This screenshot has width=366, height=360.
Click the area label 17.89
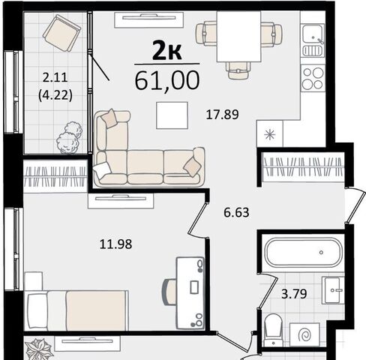[x=222, y=115]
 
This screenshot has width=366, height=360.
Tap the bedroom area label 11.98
[x=115, y=244]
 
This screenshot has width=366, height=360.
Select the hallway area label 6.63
[x=236, y=213]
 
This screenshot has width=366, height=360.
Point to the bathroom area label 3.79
[x=294, y=294]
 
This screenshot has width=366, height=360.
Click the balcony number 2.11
[x=55, y=77]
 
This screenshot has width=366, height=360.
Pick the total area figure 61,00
[x=167, y=80]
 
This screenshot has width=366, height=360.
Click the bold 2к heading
[x=166, y=52]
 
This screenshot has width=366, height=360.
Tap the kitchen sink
[x=313, y=40]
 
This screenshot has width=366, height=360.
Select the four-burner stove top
[x=313, y=78]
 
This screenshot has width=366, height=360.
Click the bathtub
[x=303, y=253]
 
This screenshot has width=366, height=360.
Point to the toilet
[x=274, y=330]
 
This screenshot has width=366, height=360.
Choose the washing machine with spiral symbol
[x=304, y=334]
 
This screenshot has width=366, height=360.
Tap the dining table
[x=238, y=37]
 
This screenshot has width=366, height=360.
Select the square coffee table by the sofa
[x=172, y=115]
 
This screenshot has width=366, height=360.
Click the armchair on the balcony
[x=61, y=33]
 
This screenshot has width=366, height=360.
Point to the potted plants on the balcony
[x=69, y=138]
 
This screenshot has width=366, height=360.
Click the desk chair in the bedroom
[x=169, y=292]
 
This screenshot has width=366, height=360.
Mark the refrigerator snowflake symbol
[x=270, y=135]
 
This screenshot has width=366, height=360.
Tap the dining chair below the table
[x=238, y=70]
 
